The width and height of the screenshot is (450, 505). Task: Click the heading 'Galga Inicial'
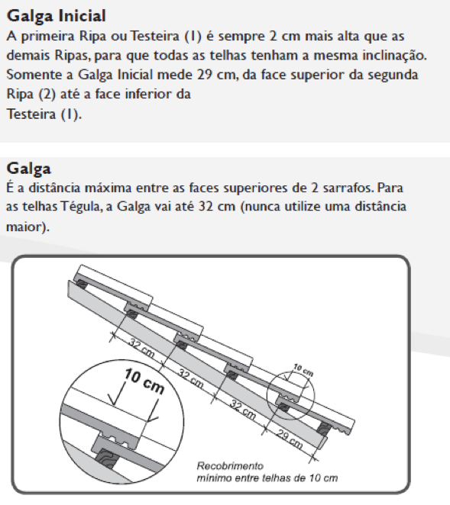pyautogui.click(x=57, y=16)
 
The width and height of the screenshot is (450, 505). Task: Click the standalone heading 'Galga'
pyautogui.click(x=29, y=169)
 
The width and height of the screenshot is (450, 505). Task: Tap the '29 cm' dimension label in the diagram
pyautogui.click(x=290, y=439)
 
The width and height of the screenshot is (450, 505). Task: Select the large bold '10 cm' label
pyautogui.click(x=144, y=381)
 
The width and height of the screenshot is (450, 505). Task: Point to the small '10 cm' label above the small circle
pyautogui.click(x=303, y=370)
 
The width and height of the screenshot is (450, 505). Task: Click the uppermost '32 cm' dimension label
pyautogui.click(x=141, y=348)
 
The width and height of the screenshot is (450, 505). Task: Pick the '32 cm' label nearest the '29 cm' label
pyautogui.click(x=243, y=410)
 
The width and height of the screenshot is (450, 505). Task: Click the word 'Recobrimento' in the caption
pyautogui.click(x=230, y=465)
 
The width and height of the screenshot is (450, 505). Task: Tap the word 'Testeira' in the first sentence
pyautogui.click(x=154, y=36)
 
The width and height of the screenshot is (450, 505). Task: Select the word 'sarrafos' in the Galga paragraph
pyautogui.click(x=348, y=188)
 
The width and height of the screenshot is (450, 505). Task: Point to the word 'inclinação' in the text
pyautogui.click(x=394, y=56)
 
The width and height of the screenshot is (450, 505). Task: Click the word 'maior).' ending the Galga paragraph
pyautogui.click(x=28, y=227)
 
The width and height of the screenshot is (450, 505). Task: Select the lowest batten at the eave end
pyautogui.click(x=324, y=429)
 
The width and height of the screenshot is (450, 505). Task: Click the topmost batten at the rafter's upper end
pyautogui.click(x=82, y=285)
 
